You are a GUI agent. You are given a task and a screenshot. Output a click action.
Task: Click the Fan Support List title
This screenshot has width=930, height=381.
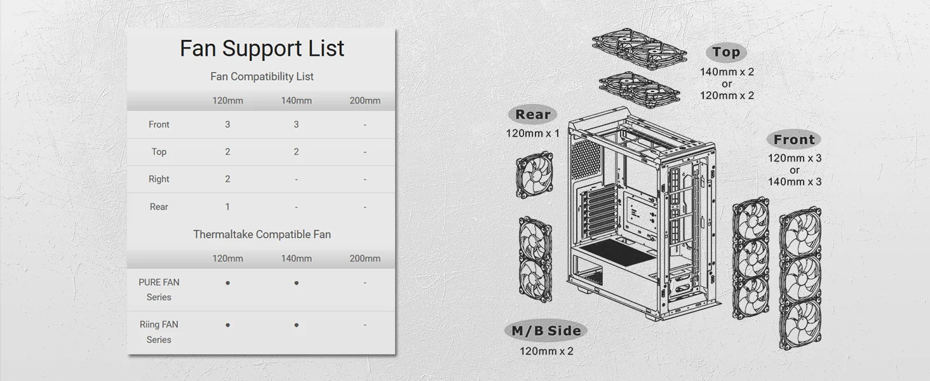262,48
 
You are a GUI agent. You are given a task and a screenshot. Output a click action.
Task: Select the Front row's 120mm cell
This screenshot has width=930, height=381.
227,124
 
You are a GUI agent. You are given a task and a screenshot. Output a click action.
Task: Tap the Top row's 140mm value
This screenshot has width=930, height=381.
296,152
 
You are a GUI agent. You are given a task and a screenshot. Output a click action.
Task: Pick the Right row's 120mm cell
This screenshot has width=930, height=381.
227,179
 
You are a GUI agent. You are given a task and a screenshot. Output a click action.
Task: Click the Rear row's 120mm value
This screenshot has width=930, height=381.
227,206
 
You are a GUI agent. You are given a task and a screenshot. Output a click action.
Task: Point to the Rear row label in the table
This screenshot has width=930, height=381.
159,206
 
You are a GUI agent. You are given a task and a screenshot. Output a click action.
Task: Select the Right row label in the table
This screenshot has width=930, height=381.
159,179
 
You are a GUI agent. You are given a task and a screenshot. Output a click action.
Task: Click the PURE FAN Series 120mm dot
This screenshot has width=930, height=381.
227,283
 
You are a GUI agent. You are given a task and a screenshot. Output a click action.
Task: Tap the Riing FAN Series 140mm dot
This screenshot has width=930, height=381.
296,325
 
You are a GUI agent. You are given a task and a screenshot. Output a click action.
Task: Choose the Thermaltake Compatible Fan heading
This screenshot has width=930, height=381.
262,234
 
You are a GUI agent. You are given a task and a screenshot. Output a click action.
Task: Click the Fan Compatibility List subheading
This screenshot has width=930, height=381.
262,76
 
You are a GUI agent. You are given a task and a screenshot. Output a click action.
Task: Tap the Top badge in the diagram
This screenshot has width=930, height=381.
726,52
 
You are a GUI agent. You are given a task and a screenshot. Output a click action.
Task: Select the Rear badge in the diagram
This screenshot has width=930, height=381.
533,114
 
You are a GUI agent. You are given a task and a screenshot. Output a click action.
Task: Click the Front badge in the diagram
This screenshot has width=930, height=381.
794,140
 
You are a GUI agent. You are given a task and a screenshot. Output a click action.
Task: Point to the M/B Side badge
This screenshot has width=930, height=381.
546,331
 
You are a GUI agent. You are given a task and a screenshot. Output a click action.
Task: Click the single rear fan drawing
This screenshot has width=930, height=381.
535,175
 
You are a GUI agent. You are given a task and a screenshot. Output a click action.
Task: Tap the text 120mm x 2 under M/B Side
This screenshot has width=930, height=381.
546,351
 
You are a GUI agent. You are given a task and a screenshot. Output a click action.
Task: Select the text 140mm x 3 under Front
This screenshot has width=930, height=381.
795,182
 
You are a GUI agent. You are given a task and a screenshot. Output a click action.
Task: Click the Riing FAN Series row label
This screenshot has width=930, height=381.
159,332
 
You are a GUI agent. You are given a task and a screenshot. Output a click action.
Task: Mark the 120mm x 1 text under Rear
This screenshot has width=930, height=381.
533,133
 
